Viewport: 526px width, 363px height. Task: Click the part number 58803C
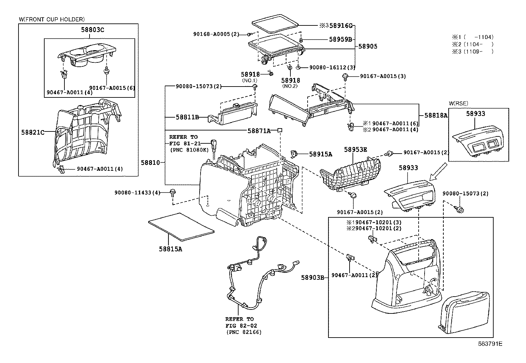[x=93, y=30]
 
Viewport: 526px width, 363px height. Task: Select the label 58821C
[x=33, y=132]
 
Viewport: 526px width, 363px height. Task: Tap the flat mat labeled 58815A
[x=181, y=226]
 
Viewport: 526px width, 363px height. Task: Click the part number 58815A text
[x=170, y=249]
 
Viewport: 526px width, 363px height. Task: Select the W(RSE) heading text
[x=459, y=103]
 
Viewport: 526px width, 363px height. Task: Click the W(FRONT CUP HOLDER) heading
[x=52, y=19]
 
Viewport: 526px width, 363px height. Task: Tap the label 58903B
[x=313, y=277]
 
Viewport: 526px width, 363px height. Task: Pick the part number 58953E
[x=356, y=149]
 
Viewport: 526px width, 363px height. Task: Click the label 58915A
[x=320, y=154]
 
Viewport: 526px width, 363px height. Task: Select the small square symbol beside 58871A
[x=280, y=130]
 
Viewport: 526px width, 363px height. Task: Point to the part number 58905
[x=368, y=47]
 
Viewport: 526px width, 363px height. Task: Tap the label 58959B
[x=340, y=39]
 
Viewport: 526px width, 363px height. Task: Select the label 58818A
[x=436, y=115]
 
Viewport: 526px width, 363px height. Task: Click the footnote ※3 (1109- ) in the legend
[x=472, y=52]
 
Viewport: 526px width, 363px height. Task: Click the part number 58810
[x=150, y=163]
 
